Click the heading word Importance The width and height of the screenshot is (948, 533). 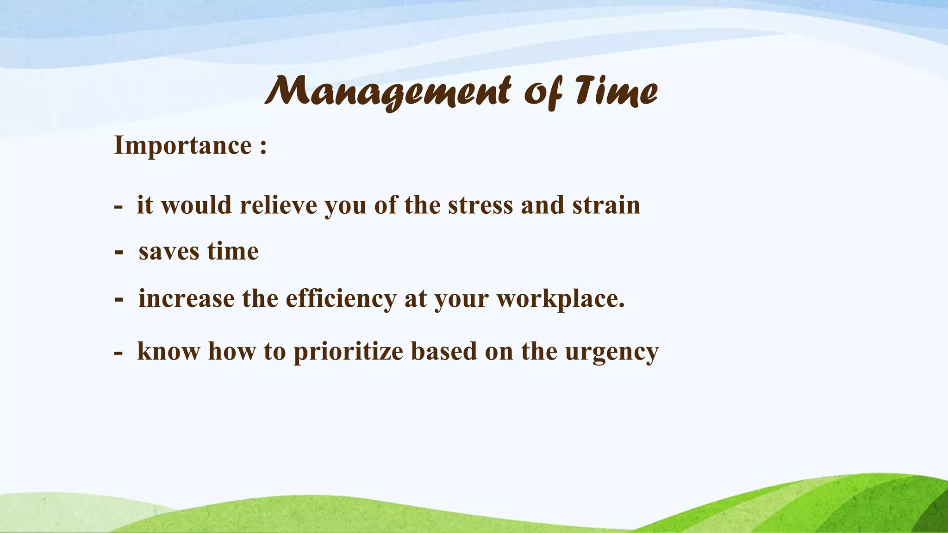[x=183, y=146]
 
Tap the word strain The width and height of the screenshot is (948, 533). [x=606, y=205]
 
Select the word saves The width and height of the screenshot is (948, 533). [x=169, y=252]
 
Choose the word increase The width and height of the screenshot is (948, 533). [x=186, y=298]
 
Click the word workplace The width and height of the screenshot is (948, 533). [x=561, y=298]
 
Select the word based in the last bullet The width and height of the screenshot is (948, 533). [x=444, y=351]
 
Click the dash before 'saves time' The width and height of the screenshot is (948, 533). [x=119, y=253]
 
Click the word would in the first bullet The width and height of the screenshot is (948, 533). [x=196, y=205]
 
